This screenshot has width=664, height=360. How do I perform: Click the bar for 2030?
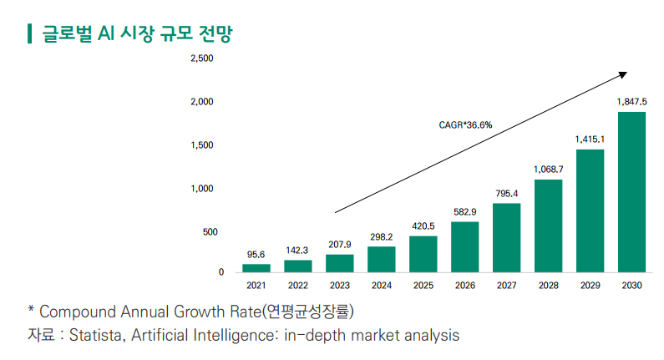[x=631, y=191]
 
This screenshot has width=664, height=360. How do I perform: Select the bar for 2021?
[x=256, y=267]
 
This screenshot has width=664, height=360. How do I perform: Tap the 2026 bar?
[x=464, y=246]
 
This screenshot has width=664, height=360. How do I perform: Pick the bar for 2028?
[x=548, y=226]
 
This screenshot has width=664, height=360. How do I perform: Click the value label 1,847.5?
[x=631, y=101]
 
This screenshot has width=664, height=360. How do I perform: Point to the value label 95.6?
[x=256, y=254]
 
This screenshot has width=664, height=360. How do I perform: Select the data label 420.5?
[x=423, y=226]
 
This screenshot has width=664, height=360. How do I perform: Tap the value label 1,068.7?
[x=548, y=169]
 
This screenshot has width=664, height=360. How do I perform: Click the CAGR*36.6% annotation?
[x=465, y=124]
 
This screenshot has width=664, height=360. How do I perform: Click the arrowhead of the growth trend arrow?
[x=622, y=74]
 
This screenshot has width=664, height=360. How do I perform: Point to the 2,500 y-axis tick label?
[x=202, y=58]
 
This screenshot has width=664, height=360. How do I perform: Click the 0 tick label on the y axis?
[x=221, y=271]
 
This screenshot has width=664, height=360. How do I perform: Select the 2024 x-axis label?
[x=382, y=286]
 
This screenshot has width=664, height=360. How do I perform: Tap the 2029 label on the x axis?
[x=590, y=286]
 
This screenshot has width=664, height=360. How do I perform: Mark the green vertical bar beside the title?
[x=30, y=33]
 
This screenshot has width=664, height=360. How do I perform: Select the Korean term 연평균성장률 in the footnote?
[x=308, y=312]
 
